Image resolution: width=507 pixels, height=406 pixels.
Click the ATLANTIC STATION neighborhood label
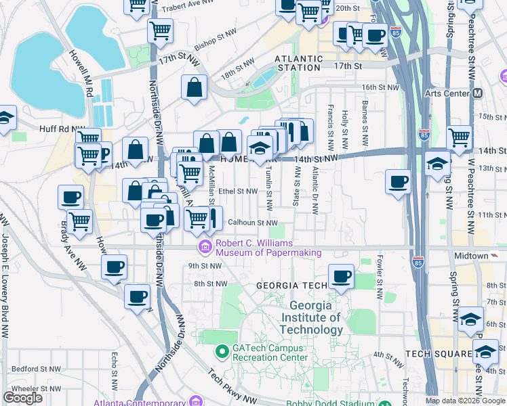pyautogui.click(x=298, y=63)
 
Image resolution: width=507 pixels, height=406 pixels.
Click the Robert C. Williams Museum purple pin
pyautogui.click(x=205, y=244)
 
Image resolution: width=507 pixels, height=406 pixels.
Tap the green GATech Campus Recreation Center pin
pyautogui.click(x=221, y=351)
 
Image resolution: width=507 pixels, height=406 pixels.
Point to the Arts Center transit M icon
pyautogui.click(x=478, y=93)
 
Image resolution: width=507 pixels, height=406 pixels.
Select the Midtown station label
pyautogui.click(x=470, y=256)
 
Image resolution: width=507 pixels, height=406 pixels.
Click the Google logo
pyautogui.click(x=22, y=398)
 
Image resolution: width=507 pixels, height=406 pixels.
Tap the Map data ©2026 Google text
pyautogui.click(x=465, y=401)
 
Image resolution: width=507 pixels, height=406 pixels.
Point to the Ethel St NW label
pyautogui.click(x=237, y=191)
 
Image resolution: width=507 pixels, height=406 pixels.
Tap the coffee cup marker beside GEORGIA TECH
pyautogui.click(x=342, y=277)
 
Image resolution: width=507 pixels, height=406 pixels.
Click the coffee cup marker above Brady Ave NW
pyautogui.click(x=70, y=198)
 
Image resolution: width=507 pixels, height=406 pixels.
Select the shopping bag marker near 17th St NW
pyautogui.click(x=194, y=87)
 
